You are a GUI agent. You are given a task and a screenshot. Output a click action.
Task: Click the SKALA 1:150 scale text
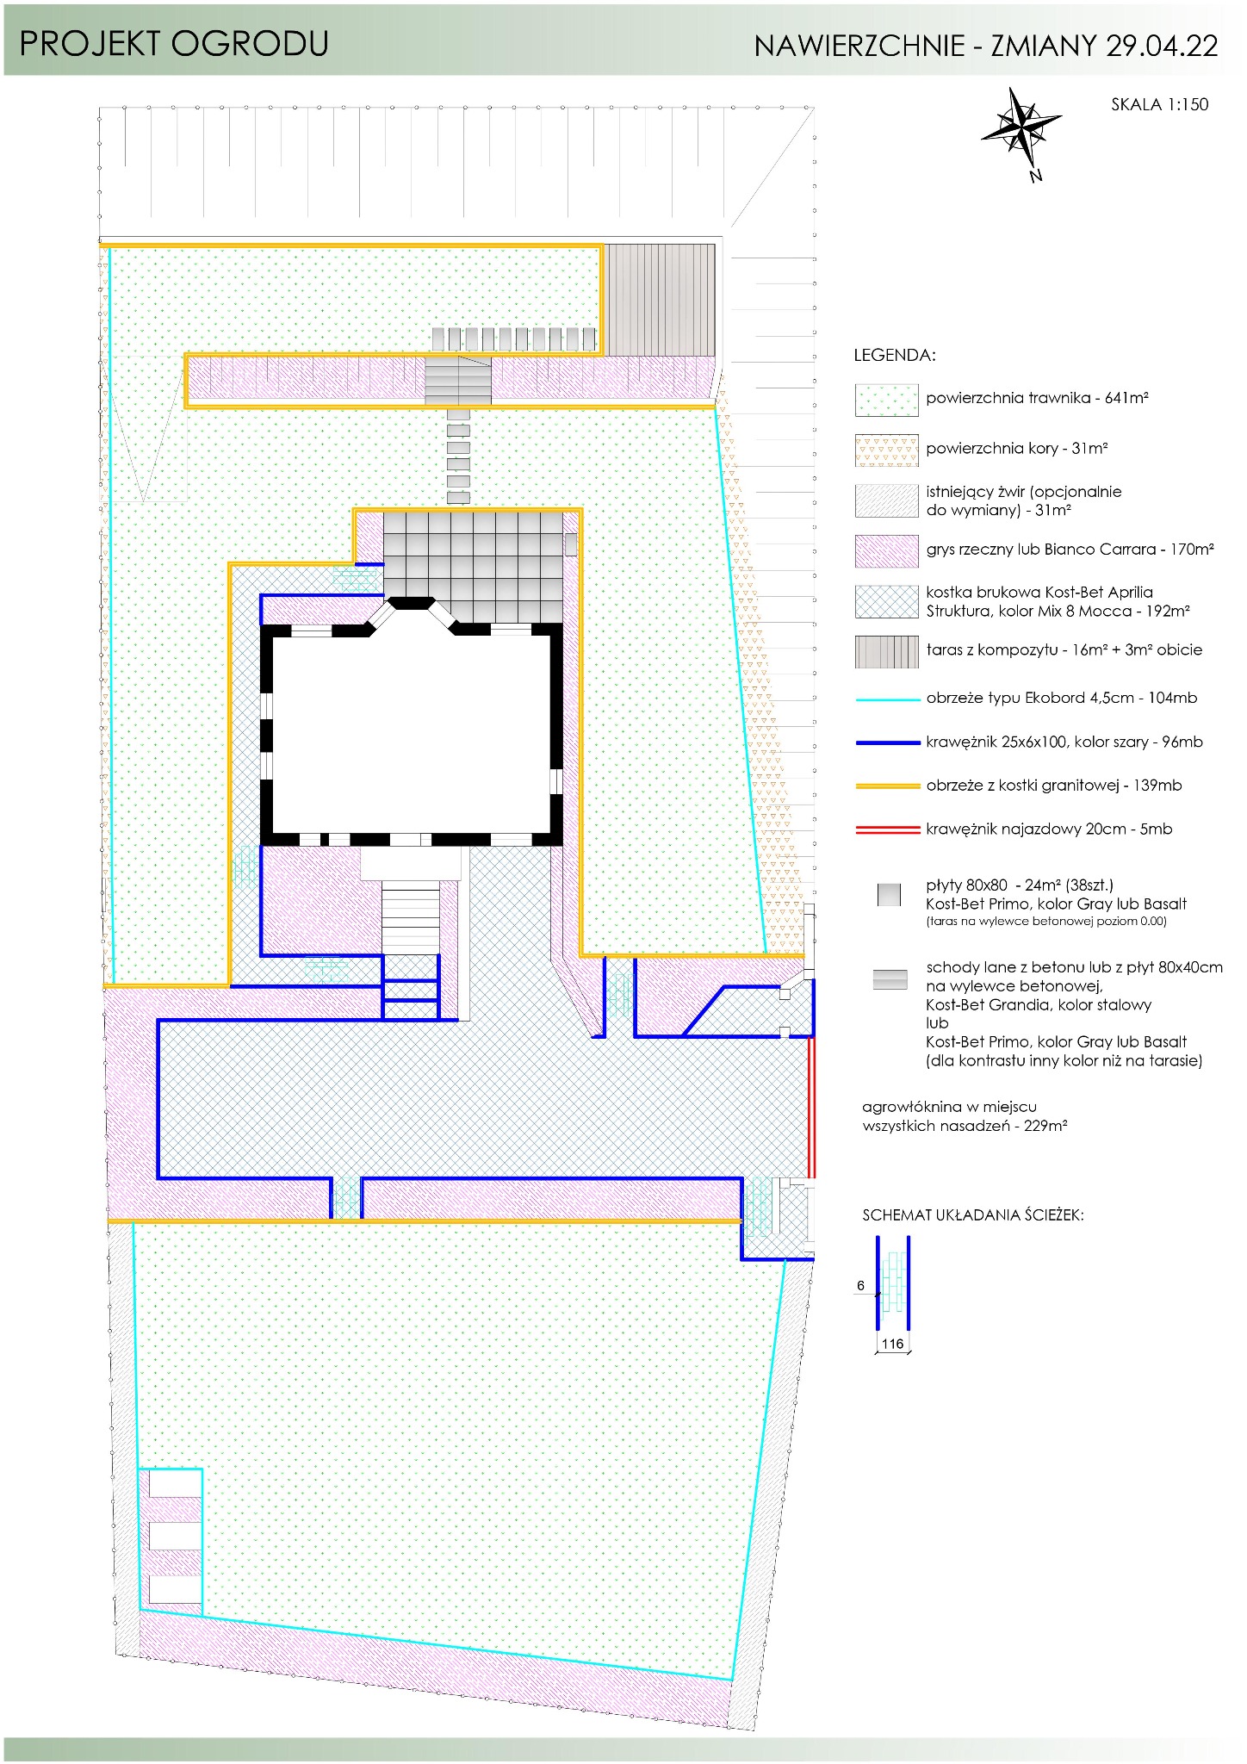1159,105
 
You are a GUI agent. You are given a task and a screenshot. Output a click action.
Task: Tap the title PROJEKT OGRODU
174,44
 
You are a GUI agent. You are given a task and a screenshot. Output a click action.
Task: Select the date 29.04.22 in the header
1162,46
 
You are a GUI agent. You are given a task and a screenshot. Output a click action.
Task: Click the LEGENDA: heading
894,356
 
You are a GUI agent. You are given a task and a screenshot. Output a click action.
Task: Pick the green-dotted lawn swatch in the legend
886,401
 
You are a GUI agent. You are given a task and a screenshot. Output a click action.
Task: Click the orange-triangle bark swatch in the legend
886,450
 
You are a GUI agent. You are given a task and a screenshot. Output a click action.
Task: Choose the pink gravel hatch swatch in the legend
886,551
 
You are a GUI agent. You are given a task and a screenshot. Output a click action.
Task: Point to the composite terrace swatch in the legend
886,652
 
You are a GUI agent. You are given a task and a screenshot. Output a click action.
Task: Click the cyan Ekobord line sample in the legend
887,700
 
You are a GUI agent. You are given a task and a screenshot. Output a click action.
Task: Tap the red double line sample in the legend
887,830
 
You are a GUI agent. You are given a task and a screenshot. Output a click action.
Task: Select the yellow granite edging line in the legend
887,786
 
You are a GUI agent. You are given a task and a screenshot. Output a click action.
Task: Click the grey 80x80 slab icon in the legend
889,895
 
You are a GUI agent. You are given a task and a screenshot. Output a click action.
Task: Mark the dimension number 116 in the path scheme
892,1344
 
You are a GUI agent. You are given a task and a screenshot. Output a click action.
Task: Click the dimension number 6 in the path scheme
860,1286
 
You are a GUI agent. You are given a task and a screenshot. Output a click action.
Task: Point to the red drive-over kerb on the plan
811,1107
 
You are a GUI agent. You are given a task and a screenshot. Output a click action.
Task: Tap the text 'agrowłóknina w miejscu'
949,1108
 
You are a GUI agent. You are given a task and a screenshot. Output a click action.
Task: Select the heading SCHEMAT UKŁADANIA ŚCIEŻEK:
973,1215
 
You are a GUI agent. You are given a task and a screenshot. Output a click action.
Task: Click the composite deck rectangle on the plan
659,300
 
